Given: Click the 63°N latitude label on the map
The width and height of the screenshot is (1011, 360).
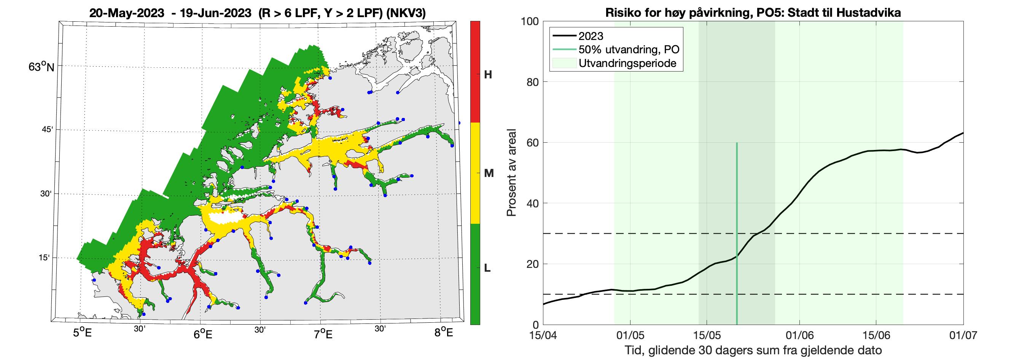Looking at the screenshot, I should [41, 67].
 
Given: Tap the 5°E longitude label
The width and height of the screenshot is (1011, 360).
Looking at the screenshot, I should [83, 333].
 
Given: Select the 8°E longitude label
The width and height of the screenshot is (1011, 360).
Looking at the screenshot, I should [444, 333].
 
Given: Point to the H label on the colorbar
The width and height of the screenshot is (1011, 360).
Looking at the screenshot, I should [488, 75].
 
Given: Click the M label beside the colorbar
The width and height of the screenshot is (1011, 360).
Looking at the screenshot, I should [489, 173].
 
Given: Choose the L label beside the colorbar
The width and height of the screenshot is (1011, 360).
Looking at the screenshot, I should [487, 268].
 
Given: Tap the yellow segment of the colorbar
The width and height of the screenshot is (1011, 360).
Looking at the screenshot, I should [475, 173].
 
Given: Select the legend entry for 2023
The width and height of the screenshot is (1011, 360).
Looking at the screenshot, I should [591, 36].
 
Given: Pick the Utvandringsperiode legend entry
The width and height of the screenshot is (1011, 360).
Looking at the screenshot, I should [627, 63].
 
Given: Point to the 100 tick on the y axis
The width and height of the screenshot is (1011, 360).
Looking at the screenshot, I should [529, 21].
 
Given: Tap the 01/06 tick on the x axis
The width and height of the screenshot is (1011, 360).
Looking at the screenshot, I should [799, 335].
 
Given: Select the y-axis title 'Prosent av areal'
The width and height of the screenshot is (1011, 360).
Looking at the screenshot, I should [511, 173].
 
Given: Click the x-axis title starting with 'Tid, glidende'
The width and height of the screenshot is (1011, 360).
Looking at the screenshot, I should [753, 350].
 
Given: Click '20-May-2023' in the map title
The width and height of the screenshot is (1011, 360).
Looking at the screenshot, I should [126, 13].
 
